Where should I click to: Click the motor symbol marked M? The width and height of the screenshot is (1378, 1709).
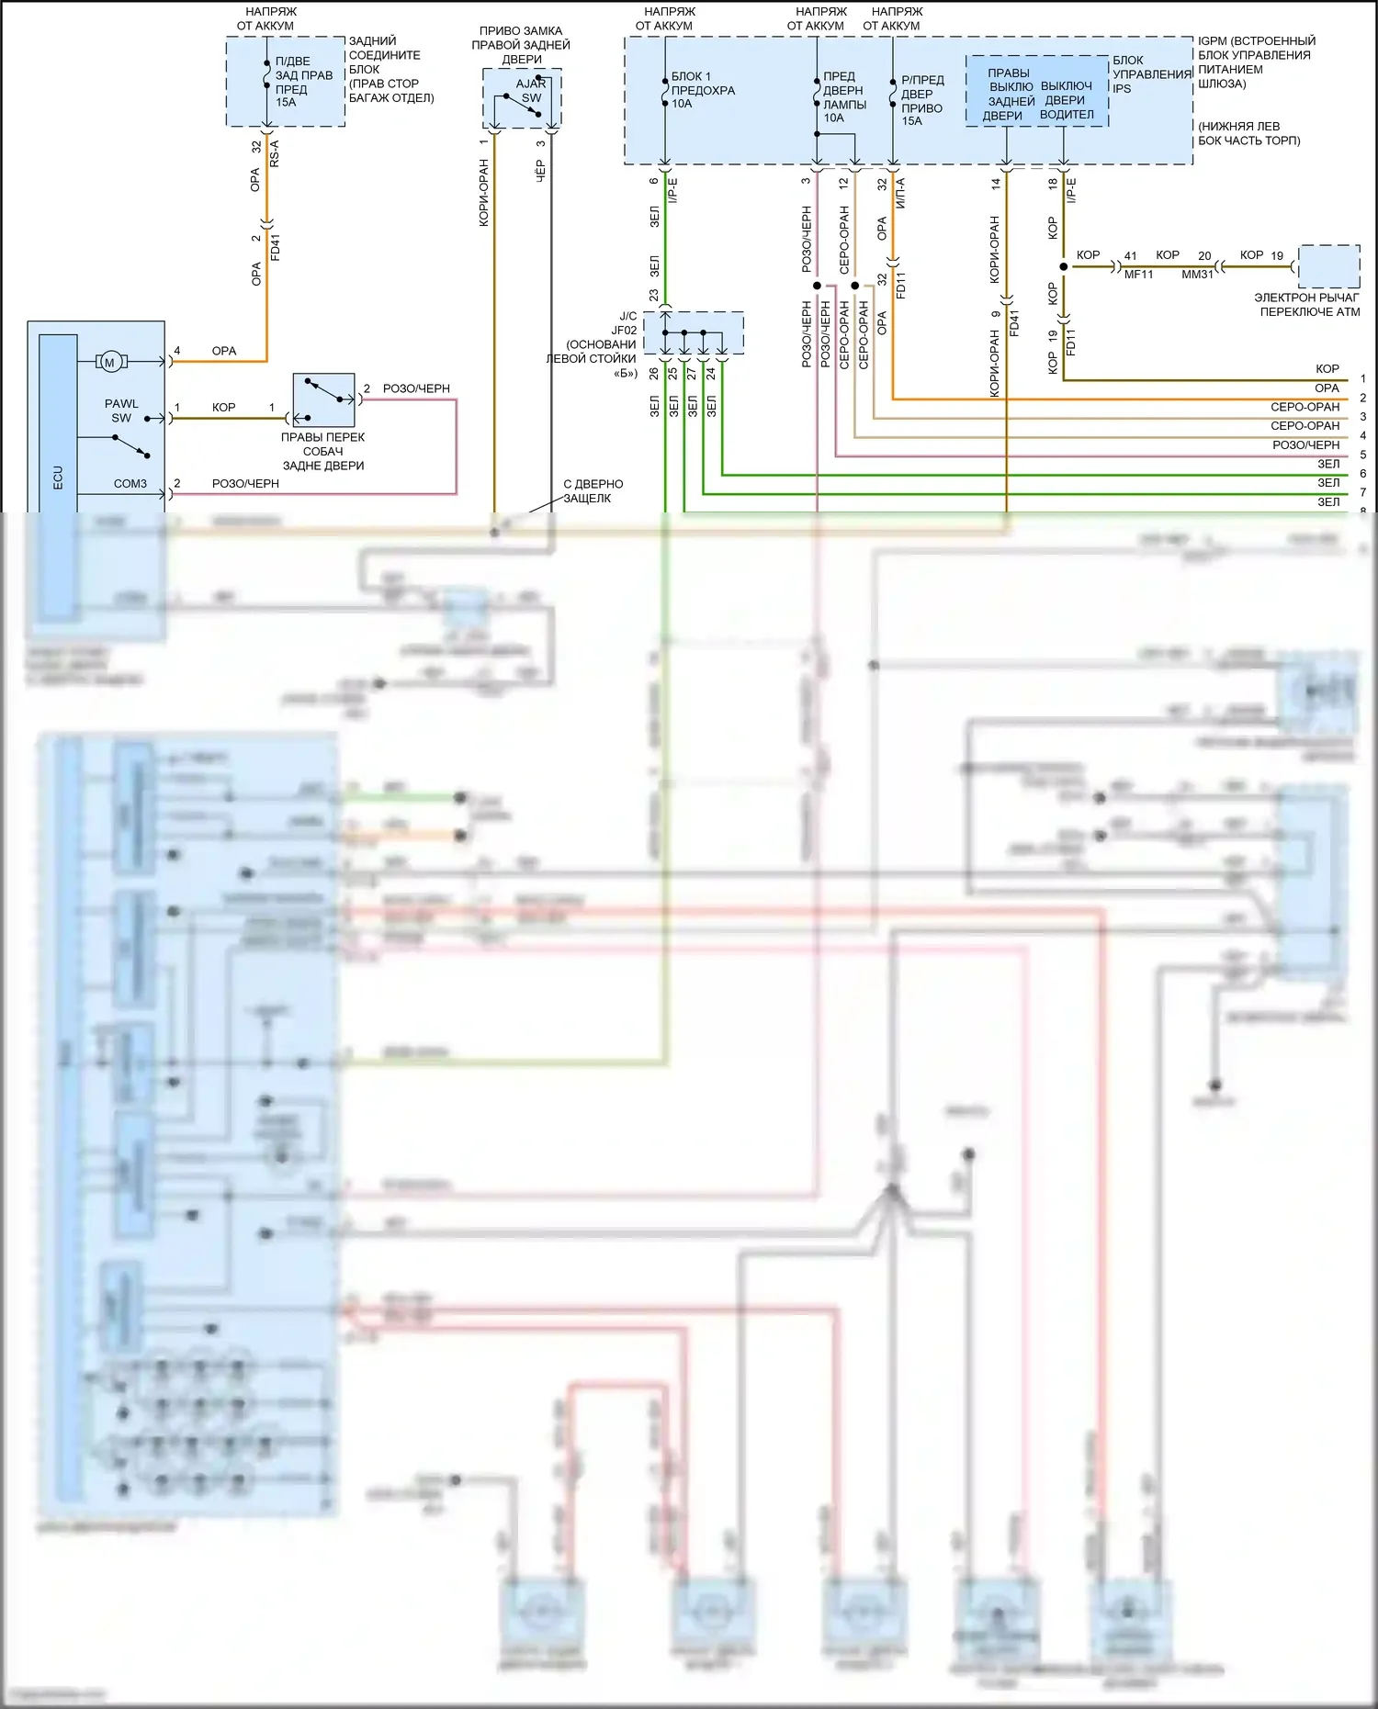[110, 362]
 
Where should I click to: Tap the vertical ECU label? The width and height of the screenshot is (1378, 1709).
[58, 477]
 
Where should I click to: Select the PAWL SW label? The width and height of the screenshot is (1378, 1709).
[121, 410]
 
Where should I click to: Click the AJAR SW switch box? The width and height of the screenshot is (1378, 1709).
[522, 98]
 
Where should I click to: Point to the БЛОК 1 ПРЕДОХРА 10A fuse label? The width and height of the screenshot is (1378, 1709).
[703, 90]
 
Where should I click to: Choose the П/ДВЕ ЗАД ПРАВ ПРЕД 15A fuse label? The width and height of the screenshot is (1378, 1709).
[303, 82]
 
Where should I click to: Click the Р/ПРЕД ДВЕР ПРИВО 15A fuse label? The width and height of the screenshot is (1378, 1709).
[922, 100]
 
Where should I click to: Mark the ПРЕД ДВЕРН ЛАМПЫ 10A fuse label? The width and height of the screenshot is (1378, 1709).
[843, 96]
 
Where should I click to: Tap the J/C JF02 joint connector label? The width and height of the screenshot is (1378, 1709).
[625, 323]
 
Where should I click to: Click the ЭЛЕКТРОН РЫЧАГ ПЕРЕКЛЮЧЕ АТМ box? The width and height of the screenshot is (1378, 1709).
[1329, 267]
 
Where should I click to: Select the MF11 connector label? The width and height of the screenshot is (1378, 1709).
[1138, 275]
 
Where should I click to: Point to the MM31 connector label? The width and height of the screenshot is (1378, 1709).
[1197, 275]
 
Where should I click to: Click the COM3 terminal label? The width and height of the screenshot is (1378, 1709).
[130, 484]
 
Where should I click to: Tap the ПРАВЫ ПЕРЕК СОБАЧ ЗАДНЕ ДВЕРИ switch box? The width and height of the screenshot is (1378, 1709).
[323, 400]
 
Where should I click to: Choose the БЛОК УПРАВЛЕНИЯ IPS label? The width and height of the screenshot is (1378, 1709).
[1151, 74]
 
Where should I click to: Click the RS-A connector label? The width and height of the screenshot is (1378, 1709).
[275, 153]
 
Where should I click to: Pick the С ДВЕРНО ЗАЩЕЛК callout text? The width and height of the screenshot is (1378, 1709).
[593, 491]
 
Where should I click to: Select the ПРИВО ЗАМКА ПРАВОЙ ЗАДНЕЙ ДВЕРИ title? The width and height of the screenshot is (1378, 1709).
[521, 45]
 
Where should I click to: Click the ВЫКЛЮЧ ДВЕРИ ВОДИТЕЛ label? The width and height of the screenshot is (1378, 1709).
[1066, 100]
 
